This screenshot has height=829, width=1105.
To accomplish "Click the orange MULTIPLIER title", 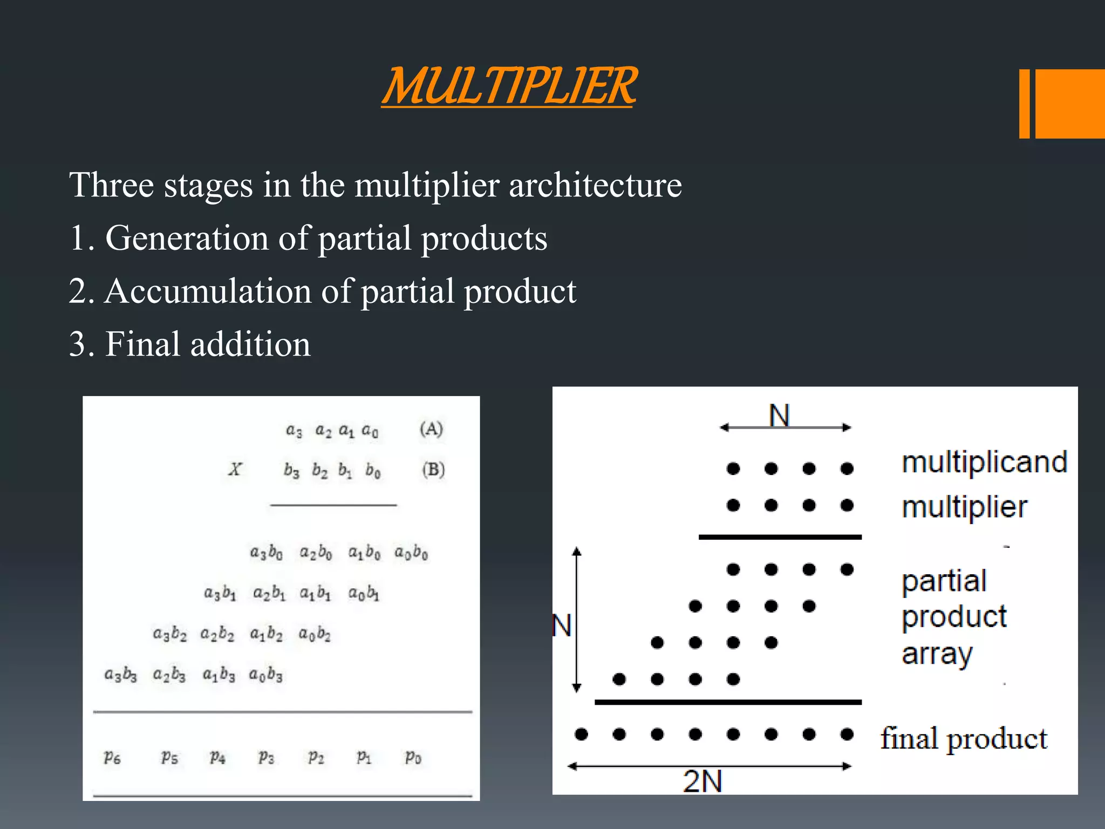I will point(509,86).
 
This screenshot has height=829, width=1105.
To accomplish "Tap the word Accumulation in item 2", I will point(208,291).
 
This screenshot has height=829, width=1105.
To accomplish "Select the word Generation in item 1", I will point(187,238).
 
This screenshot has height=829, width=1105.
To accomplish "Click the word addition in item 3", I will point(250,344).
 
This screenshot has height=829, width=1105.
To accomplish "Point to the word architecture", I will point(595,185).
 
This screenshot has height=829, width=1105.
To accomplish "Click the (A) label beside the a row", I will point(431,429).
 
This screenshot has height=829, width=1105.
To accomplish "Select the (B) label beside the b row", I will point(433,470).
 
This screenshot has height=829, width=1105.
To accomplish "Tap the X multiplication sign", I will point(235,469).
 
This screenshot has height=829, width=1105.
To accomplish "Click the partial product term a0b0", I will point(411,553).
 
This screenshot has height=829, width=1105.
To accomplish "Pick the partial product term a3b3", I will point(120,675).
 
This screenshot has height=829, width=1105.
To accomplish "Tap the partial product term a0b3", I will point(265,675).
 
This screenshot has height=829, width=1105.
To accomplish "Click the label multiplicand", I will point(984,462).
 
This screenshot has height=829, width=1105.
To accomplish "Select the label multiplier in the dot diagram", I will point(964,507).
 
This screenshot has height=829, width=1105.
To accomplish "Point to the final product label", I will point(964,738).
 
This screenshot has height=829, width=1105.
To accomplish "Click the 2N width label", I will point(702,781).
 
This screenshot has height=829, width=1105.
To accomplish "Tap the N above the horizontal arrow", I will point(779,416).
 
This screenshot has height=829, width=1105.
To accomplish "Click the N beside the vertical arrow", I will point(562,626).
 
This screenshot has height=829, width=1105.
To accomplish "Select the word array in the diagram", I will point(937,654).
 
